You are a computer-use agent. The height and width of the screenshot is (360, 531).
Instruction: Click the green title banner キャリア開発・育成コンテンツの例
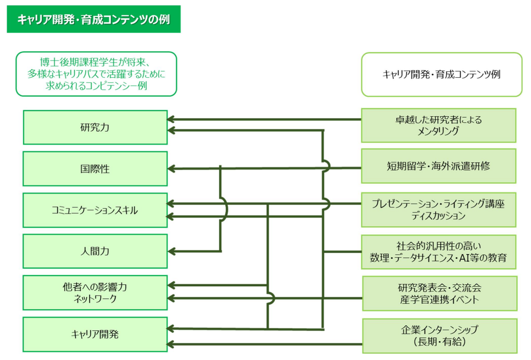point(94,19)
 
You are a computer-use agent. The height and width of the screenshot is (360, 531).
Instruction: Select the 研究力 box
point(95,128)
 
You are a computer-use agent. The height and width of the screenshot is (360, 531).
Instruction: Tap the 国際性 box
point(95,168)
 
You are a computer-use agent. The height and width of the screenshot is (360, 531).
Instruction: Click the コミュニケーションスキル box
point(95,210)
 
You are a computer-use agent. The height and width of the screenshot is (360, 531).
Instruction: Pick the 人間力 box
point(95,251)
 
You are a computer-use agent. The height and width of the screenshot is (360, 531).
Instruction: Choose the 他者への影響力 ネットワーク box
point(95,292)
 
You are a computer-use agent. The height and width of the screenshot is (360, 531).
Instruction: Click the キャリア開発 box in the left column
point(95,334)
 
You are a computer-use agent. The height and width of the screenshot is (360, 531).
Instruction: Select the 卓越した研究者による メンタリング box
point(438,125)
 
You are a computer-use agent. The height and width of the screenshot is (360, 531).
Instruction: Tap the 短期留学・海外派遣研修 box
point(438,166)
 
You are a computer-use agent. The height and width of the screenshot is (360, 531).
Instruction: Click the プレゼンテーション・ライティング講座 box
point(438,209)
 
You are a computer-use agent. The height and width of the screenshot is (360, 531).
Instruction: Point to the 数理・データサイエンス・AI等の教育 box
point(438,252)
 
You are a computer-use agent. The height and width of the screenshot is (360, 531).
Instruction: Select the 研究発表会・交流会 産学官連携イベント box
point(439,293)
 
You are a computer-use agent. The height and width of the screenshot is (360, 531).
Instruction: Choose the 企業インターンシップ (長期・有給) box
point(439,336)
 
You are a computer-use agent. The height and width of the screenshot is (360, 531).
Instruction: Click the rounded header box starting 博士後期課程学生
point(96,74)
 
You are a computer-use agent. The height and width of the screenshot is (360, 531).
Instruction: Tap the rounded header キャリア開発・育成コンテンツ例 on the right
point(441,74)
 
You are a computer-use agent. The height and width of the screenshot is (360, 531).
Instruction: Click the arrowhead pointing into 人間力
point(172,251)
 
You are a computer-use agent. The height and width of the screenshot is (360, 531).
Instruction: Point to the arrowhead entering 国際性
point(172,168)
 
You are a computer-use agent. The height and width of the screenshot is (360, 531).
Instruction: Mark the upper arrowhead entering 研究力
point(172,119)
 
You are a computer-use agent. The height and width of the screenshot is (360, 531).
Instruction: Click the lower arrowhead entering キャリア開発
point(172,345)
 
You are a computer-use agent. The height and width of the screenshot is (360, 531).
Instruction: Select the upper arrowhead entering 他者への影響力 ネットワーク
point(172,285)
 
